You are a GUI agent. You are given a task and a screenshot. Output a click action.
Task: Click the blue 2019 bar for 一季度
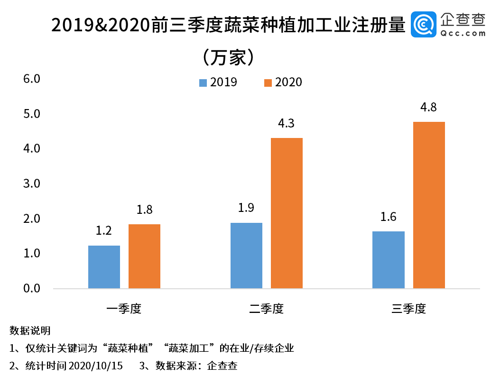pos(104,267)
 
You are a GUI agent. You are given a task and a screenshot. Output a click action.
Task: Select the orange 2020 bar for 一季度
pos(144,256)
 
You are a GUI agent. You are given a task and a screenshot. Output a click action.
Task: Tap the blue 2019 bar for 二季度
pos(246,256)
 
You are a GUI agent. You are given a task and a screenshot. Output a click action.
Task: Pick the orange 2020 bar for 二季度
pos(287,213)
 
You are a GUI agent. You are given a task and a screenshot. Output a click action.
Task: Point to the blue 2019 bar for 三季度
pos(389,260)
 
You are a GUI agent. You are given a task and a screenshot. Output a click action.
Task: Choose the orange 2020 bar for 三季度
pos(429,205)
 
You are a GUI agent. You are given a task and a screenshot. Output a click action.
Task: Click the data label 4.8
pos(429,108)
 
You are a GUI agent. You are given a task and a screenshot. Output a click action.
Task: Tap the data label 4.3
pos(287,124)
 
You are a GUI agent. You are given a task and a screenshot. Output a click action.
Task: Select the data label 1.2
pos(104,231)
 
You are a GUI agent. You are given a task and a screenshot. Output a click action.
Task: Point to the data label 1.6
pos(388,217)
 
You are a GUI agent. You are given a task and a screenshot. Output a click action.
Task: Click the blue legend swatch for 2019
pos(203,82)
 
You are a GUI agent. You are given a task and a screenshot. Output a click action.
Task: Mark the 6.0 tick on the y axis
pos(32,79)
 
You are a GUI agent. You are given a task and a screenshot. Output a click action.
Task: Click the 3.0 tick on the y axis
pos(32,183)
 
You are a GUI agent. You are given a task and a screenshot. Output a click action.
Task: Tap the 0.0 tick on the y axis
pos(32,288)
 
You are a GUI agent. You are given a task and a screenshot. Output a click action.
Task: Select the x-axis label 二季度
pos(266,309)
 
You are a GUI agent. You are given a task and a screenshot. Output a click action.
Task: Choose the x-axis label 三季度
pos(408,309)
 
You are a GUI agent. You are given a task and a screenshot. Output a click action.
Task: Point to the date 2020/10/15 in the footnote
pos(95,366)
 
